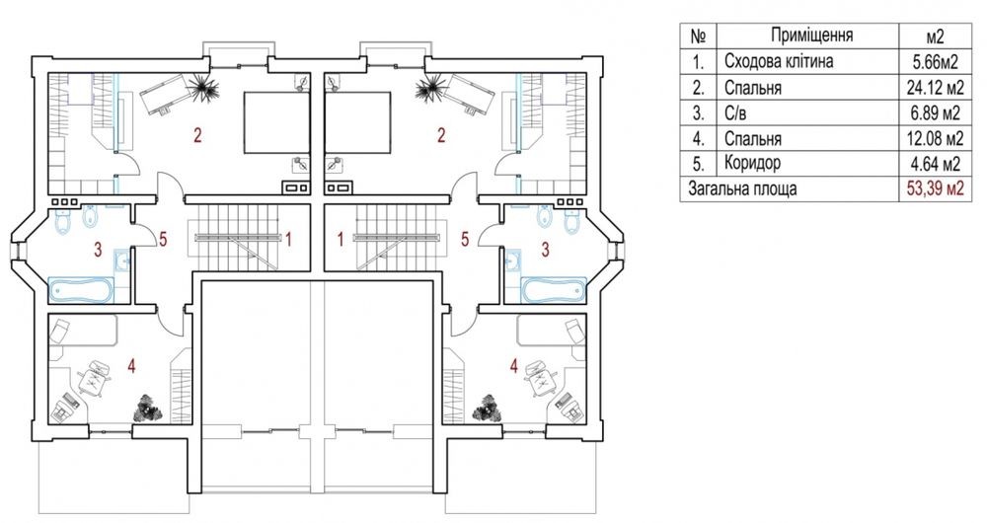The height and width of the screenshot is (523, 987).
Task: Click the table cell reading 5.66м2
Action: pos(935,62)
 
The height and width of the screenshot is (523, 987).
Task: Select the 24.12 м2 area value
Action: pos(935,88)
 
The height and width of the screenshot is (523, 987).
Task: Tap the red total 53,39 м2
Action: pos(935,188)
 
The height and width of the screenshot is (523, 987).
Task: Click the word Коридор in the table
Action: pos(752,163)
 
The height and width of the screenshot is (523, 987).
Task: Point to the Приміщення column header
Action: pos(812,36)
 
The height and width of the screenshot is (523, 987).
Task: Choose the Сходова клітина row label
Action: pos(779,62)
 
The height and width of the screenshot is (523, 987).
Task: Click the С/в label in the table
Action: pos(736,112)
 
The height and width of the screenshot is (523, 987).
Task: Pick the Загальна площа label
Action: pos(742,188)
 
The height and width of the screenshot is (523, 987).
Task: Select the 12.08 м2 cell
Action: pos(935,138)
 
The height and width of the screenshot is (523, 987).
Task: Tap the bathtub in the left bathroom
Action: pos(82,291)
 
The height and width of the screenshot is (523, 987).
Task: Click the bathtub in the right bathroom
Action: pos(554,291)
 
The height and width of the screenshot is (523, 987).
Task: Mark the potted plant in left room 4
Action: pos(148,408)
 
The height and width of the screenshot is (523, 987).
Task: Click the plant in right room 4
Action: pos(491,408)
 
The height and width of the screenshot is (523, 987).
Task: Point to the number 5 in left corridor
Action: pos(163,241)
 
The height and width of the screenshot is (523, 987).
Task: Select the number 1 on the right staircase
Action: pos(340,240)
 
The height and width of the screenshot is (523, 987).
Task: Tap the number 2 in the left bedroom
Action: pos(197,135)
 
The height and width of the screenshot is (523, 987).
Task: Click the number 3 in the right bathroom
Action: pos(545,250)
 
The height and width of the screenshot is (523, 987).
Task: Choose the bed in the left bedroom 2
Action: pos(277,123)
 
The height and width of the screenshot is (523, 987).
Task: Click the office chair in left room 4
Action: pos(95,378)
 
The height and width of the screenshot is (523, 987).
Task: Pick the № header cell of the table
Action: pos(698,36)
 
